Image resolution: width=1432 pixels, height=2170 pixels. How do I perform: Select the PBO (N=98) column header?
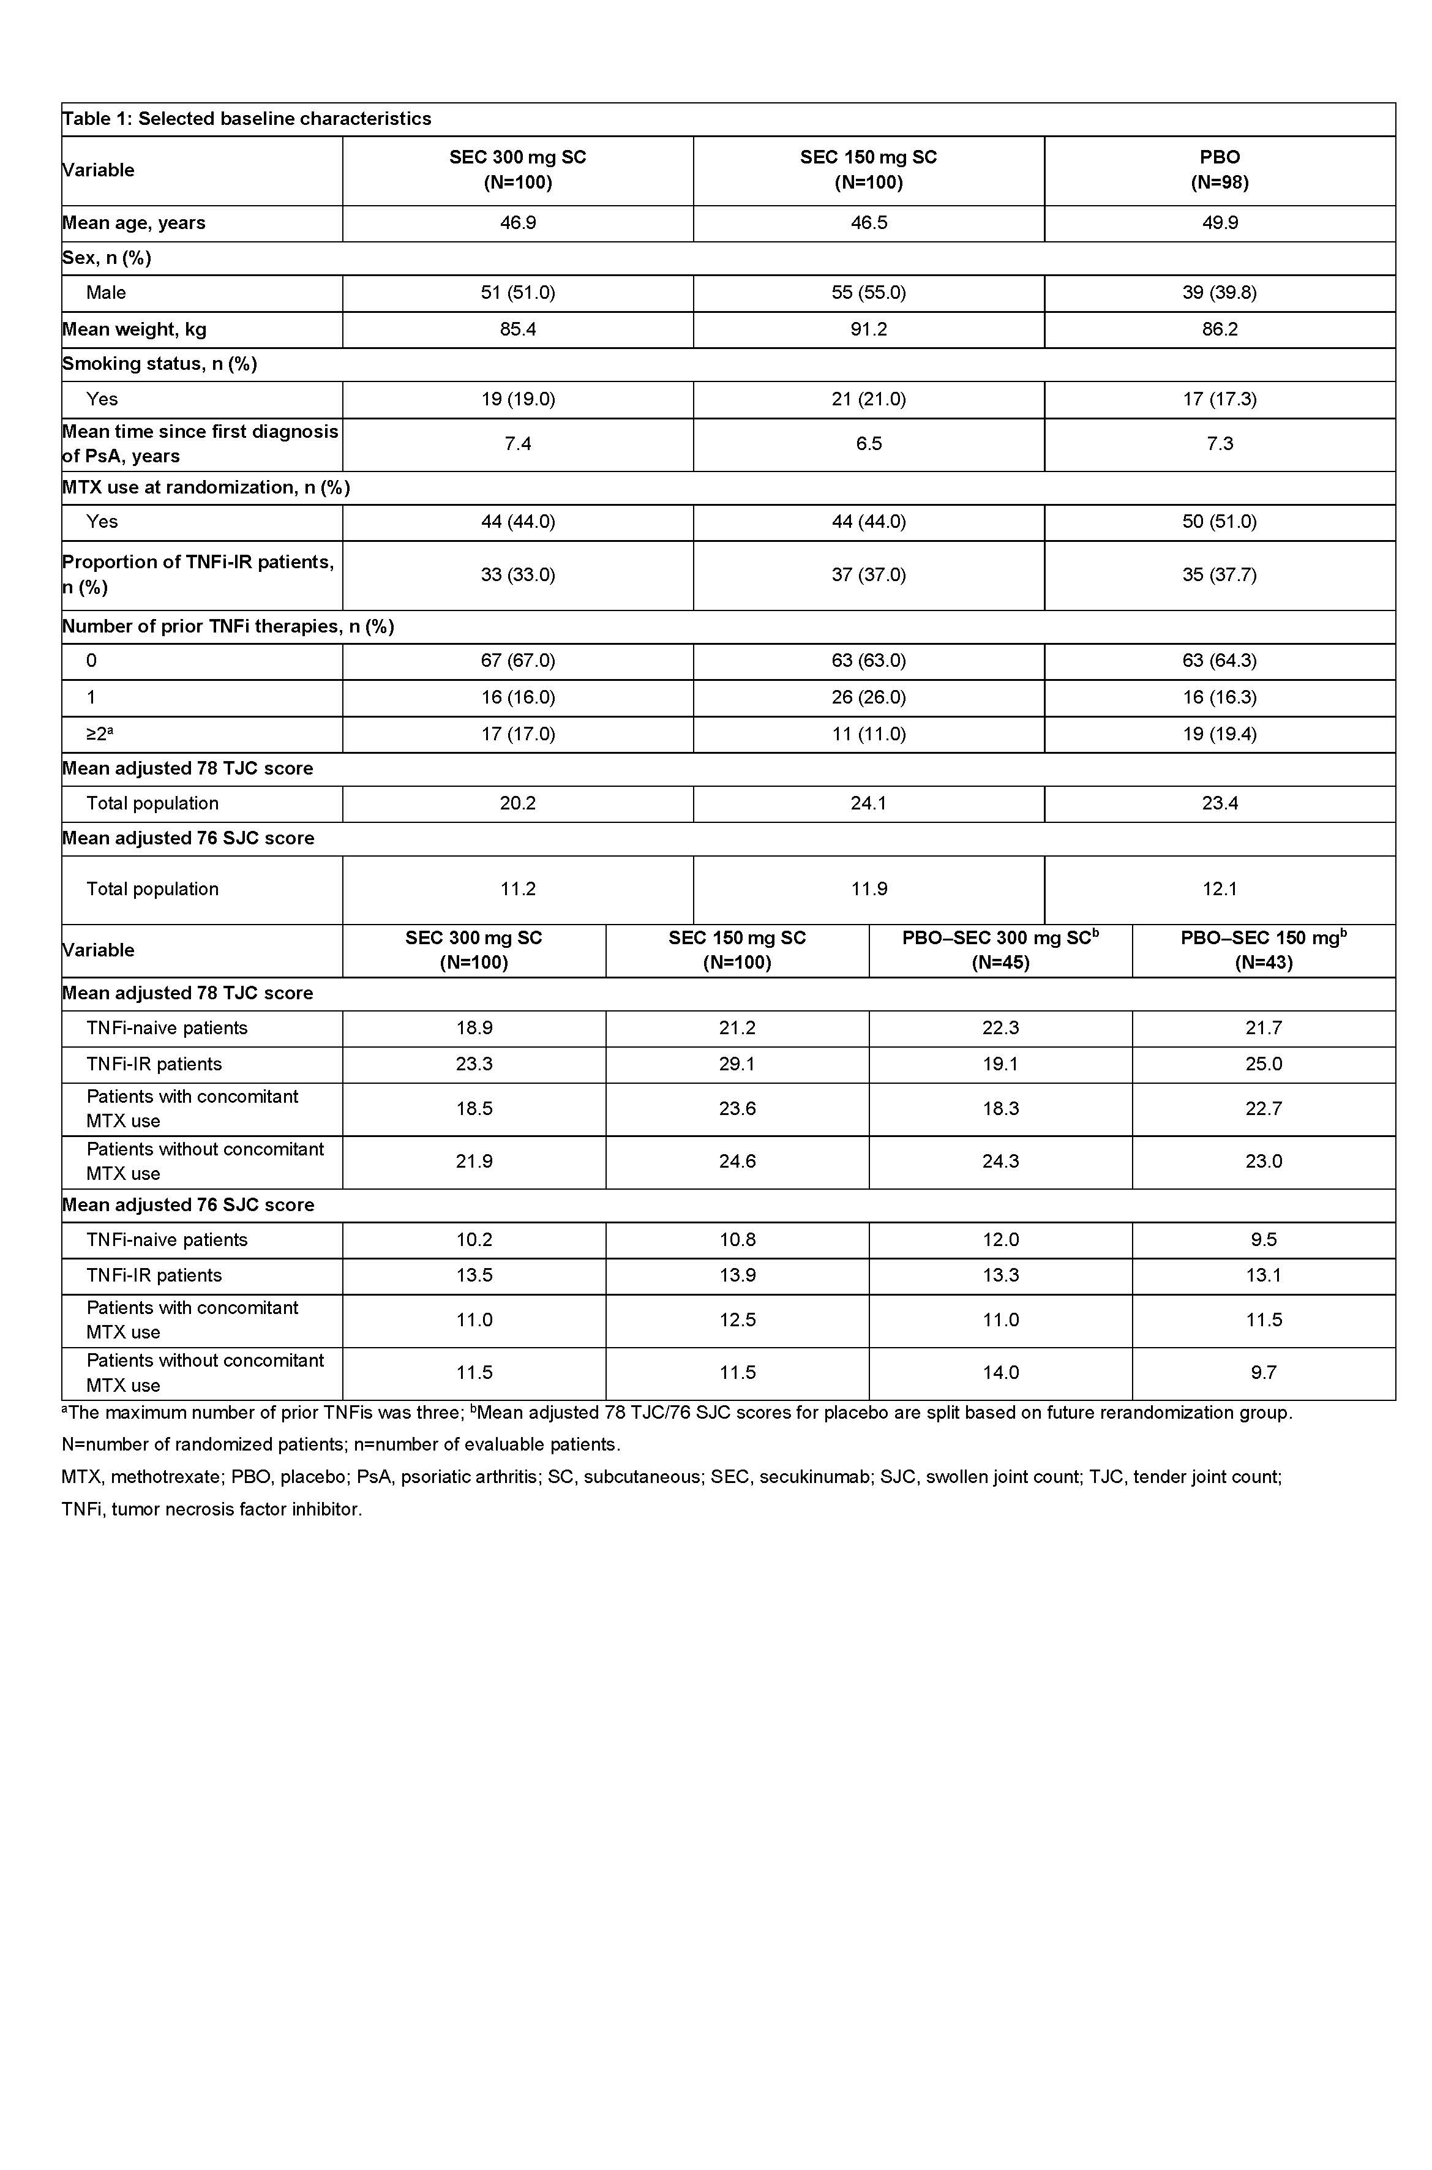(1219, 170)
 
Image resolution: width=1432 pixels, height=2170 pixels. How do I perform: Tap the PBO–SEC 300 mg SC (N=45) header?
(1000, 950)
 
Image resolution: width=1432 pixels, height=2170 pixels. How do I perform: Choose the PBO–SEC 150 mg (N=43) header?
(1263, 950)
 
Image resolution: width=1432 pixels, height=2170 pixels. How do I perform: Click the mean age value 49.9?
(1219, 223)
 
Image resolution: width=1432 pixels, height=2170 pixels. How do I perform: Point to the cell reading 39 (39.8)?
(1219, 293)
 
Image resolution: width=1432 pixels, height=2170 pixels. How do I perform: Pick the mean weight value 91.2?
(869, 329)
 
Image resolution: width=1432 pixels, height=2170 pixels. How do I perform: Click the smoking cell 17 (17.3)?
(1219, 399)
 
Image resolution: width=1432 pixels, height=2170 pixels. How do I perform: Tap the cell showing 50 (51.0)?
(1219, 522)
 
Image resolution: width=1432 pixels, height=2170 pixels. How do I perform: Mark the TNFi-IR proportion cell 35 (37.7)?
(1219, 574)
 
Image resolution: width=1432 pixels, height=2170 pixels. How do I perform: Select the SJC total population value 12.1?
(1219, 888)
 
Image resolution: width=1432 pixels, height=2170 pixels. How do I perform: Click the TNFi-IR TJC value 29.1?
(737, 1064)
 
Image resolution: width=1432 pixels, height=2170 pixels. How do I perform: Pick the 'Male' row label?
(106, 293)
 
